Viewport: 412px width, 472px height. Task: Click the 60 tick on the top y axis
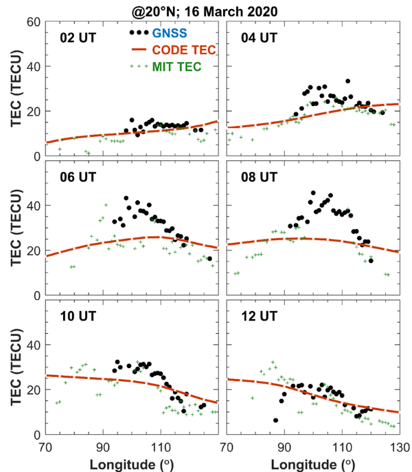click(x=32, y=21)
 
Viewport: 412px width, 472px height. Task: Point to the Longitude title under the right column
click(x=313, y=462)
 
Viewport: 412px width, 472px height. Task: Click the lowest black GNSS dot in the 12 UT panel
click(x=276, y=420)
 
